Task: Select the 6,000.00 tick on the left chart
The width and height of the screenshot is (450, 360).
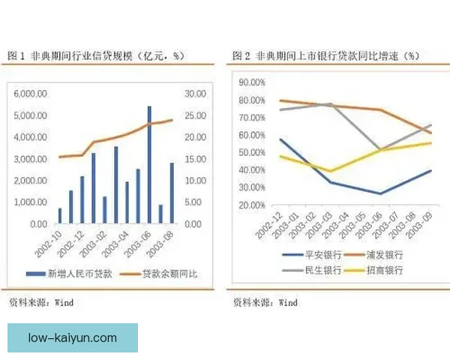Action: point(31,94)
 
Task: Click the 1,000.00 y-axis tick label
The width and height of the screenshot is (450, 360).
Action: point(31,202)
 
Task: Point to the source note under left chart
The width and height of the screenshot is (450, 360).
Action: point(41,303)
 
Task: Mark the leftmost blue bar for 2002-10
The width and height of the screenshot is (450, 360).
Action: point(60,216)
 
